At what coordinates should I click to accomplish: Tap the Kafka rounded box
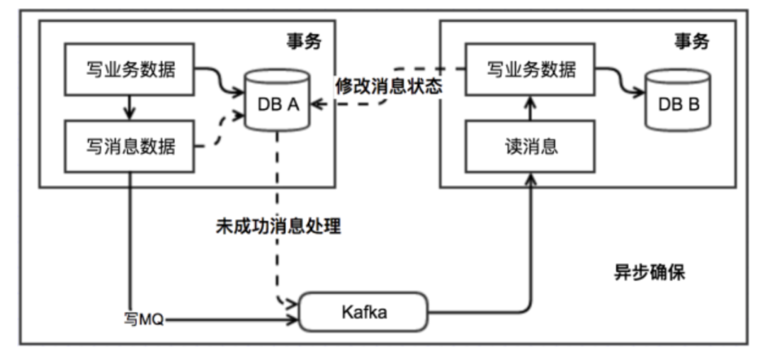tap(364, 312)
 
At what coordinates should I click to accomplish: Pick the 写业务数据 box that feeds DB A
tap(130, 70)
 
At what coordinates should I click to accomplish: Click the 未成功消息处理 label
tap(278, 227)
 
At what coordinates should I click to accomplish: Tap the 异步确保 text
tap(649, 273)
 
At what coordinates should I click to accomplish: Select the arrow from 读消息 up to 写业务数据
tap(530, 108)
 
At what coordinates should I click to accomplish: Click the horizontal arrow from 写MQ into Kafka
tap(234, 320)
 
